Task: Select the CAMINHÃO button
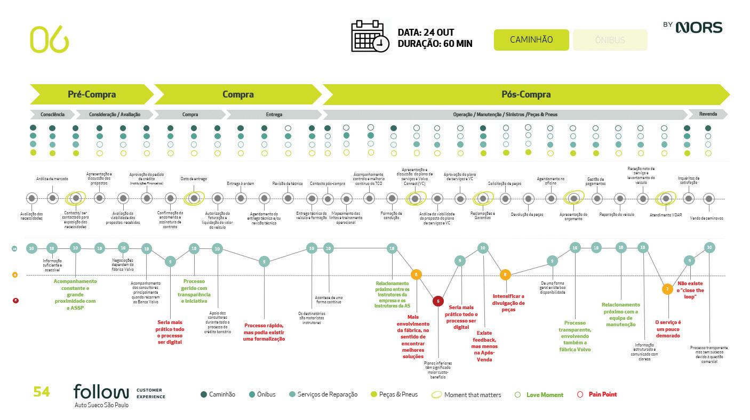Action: (x=531, y=40)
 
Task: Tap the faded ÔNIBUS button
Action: (x=610, y=40)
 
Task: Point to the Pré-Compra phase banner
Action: (x=92, y=94)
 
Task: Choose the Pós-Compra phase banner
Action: (x=525, y=94)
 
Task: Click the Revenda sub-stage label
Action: (x=707, y=114)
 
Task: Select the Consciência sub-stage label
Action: (x=52, y=115)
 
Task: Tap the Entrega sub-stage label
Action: (x=274, y=115)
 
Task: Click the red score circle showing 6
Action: (x=438, y=301)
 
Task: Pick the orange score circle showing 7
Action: (x=667, y=289)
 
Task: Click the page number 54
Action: (x=42, y=392)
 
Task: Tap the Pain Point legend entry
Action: (x=602, y=394)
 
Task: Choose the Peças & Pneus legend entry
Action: (x=398, y=394)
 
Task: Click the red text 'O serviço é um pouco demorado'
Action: (x=668, y=329)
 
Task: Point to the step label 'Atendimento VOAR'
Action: (x=665, y=215)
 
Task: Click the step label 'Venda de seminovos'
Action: (x=707, y=218)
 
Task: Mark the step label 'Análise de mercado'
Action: (x=52, y=179)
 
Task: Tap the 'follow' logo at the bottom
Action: (x=101, y=392)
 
